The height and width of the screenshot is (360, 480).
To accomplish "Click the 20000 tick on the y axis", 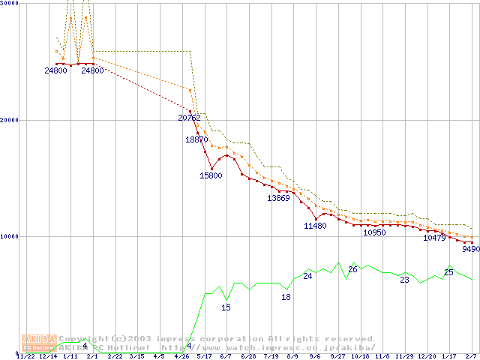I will (10, 120).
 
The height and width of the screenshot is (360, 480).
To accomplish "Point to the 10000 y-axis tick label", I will (10, 236).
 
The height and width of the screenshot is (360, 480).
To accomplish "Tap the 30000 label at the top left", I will (10, 4).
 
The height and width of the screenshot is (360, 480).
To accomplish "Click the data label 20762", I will (189, 118).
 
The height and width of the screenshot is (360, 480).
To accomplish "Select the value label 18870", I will (196, 139).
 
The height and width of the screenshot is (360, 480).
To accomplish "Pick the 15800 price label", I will (211, 175).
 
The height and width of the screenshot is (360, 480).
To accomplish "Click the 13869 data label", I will (278, 198).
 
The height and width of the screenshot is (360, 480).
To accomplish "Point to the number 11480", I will (315, 226).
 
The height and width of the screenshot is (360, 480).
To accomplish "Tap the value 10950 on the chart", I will (374, 232).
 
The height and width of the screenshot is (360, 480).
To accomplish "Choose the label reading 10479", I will (434, 238).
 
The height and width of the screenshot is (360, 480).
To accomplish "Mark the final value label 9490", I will (470, 249).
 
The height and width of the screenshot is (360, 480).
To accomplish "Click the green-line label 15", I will (226, 307).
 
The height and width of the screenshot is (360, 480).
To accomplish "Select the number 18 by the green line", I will (286, 297).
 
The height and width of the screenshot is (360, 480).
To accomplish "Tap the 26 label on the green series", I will (352, 269).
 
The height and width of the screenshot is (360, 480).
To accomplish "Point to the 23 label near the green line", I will (404, 280).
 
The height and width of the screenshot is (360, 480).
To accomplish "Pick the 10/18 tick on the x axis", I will (361, 356).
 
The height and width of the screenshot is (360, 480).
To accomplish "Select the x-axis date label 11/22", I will (25, 356).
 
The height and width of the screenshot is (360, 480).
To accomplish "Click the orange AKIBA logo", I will (39, 342).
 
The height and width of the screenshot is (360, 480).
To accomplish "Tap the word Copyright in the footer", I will (84, 339).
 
